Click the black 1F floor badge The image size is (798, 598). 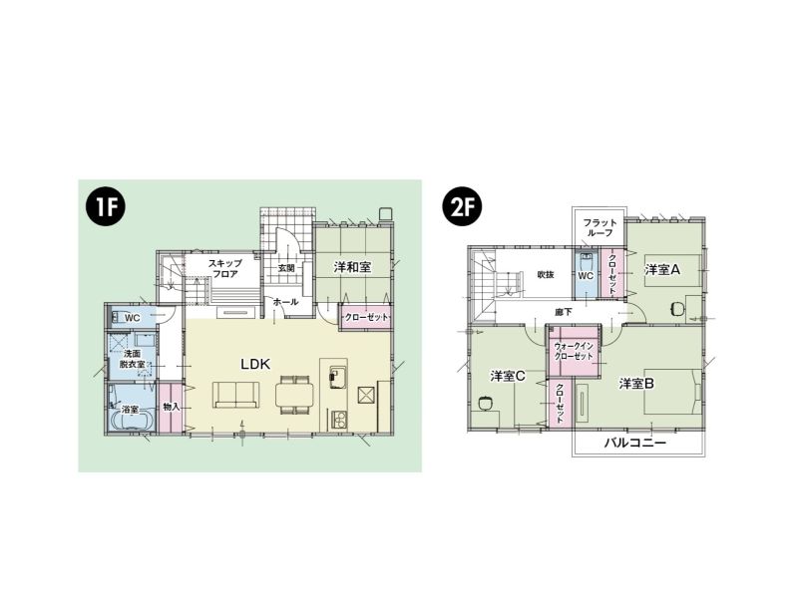(107, 207)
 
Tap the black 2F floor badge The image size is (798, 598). (462, 207)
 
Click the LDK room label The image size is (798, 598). (255, 364)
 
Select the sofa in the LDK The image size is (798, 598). (236, 395)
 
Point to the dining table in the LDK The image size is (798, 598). (295, 395)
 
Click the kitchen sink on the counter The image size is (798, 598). (338, 378)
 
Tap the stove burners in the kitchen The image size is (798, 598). (339, 419)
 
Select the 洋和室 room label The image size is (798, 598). (352, 267)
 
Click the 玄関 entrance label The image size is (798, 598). (286, 267)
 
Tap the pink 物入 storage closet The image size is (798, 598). (171, 408)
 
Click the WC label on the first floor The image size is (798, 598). (133, 318)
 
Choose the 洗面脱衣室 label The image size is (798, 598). (132, 359)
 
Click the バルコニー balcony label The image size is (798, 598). (635, 443)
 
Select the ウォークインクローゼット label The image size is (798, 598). (574, 352)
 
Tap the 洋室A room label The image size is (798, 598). (662, 269)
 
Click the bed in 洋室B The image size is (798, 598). (673, 392)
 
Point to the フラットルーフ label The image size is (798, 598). (599, 227)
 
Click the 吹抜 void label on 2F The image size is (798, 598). (546, 275)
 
